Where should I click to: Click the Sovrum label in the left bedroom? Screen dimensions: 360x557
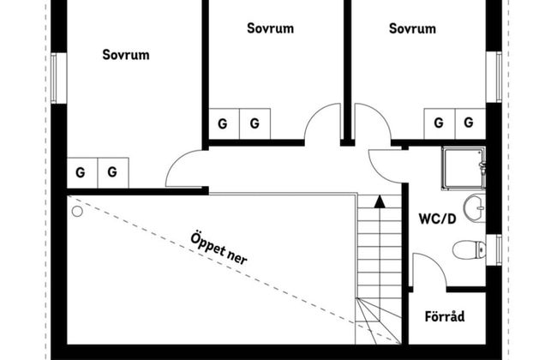click(x=126, y=55)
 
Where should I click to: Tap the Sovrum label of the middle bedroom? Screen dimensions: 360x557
click(x=270, y=28)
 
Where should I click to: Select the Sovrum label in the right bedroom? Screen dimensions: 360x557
click(x=412, y=28)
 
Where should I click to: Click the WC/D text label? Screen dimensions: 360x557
click(x=437, y=218)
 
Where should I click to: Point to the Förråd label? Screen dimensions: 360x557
click(x=445, y=317)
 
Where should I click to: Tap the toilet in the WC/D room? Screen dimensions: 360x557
click(x=466, y=249)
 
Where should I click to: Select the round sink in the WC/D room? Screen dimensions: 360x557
click(x=474, y=207)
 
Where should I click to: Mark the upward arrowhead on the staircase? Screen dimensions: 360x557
click(x=379, y=202)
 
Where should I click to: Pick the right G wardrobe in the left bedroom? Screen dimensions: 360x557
click(x=112, y=172)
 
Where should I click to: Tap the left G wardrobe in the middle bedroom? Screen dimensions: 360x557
click(x=223, y=123)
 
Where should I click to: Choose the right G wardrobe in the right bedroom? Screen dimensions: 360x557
click(x=468, y=123)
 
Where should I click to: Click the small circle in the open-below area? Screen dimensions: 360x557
click(x=77, y=208)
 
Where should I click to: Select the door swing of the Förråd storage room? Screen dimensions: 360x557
click(x=428, y=273)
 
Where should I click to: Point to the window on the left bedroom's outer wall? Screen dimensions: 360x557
click(x=57, y=79)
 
